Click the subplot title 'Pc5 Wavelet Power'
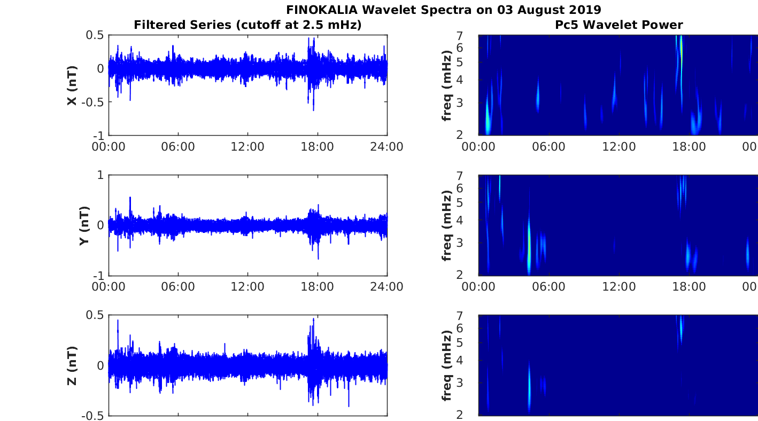tap(618, 25)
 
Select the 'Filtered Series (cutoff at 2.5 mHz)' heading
tap(247, 25)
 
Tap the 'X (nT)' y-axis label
tap(72, 85)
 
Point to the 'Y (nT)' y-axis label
tap(84, 226)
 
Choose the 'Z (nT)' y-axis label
tap(72, 366)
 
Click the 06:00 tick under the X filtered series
tap(178, 146)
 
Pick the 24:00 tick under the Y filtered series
tap(386, 287)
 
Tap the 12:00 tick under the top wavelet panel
tap(618, 146)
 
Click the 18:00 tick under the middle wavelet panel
tap(689, 287)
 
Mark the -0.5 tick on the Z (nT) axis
tap(93, 416)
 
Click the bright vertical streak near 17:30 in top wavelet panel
tap(681, 59)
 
